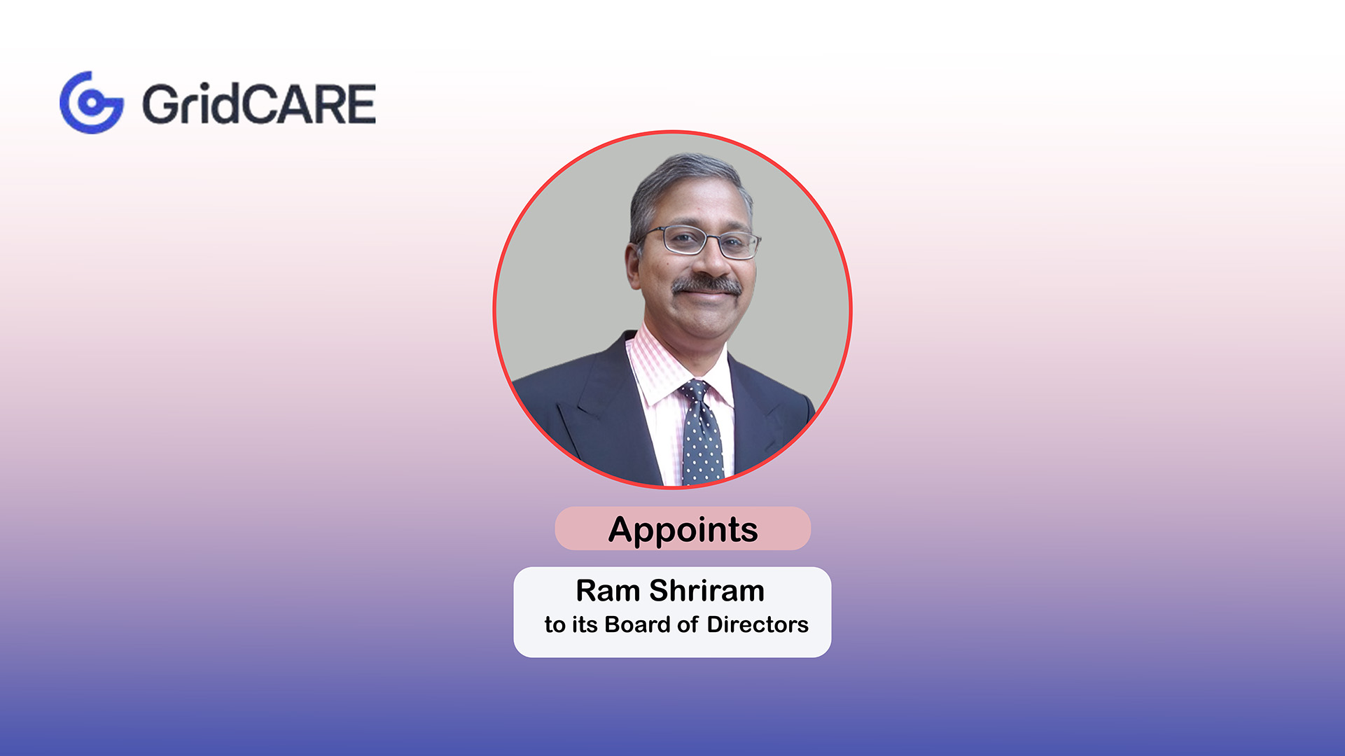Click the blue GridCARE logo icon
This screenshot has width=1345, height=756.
(x=92, y=102)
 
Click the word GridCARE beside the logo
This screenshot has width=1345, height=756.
(x=259, y=104)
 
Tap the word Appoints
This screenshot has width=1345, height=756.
(x=683, y=529)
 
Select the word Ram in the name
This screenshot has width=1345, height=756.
(x=607, y=591)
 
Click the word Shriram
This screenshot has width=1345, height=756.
(x=706, y=591)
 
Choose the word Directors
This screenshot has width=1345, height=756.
(x=758, y=624)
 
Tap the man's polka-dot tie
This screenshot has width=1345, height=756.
(x=702, y=441)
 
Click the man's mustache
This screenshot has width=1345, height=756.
(x=706, y=285)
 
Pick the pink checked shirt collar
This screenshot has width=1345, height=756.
(x=655, y=371)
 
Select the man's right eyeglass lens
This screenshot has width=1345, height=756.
(x=683, y=239)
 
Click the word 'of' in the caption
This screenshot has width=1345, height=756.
(x=688, y=624)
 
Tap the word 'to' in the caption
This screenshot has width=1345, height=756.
(x=555, y=624)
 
